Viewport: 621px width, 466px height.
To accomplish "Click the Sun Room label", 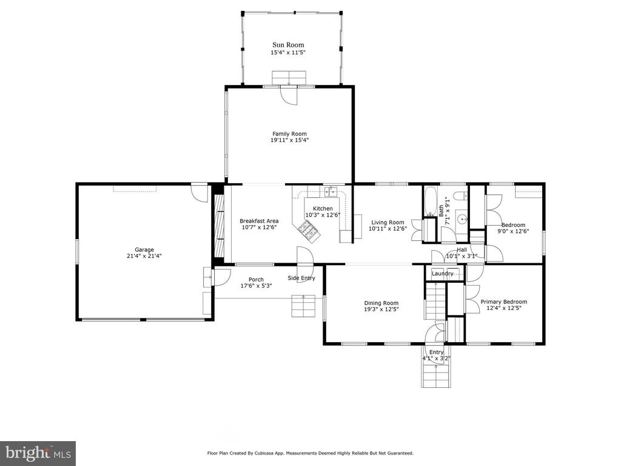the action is [x=288, y=45].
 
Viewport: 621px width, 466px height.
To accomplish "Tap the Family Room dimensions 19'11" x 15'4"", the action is [x=289, y=140].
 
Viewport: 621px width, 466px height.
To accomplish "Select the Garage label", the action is [x=144, y=249].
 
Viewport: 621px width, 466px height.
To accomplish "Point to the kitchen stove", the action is [x=309, y=231].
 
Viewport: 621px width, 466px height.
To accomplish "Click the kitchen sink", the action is [x=331, y=192].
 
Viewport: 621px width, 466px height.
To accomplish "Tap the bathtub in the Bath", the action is [x=431, y=201].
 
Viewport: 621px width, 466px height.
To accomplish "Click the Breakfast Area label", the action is [x=259, y=221].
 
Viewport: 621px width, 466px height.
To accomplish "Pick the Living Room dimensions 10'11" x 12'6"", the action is [x=388, y=229].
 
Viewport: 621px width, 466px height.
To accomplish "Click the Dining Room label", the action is [x=381, y=303].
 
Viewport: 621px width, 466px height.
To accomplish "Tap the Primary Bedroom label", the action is [x=504, y=302].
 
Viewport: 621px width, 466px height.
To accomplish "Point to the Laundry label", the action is [x=442, y=274].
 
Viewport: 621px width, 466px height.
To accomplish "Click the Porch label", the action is [x=256, y=280].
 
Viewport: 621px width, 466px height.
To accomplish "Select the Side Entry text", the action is [x=301, y=278].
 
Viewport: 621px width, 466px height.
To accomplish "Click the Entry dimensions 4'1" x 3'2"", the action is [x=437, y=359].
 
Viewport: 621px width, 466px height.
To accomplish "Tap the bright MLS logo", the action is [x=38, y=453].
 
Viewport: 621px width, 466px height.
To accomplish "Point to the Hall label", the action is [x=462, y=249].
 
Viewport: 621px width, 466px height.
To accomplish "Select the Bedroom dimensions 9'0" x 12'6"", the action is [x=513, y=231].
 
